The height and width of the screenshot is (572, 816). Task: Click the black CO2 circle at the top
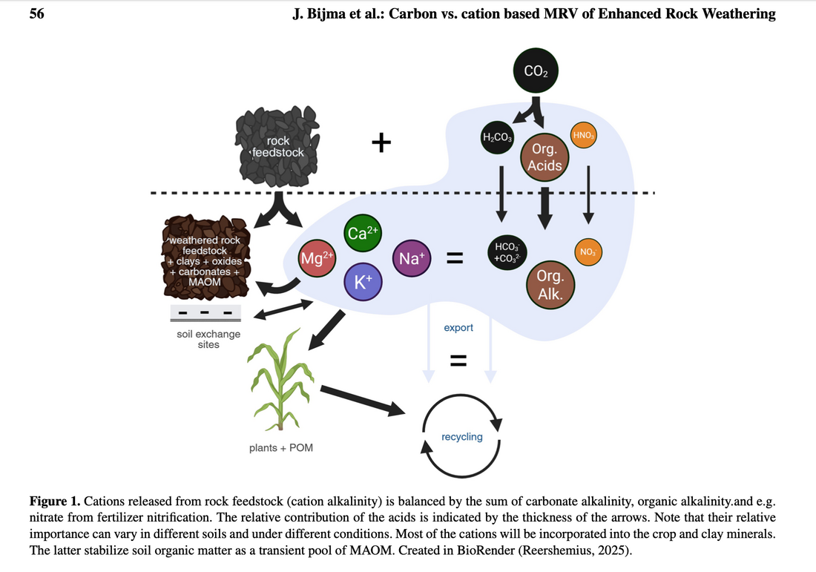click(x=535, y=72)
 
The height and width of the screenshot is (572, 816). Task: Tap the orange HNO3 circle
click(x=584, y=135)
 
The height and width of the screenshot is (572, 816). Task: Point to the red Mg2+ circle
click(x=317, y=257)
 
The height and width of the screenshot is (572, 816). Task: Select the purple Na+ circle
click(x=412, y=258)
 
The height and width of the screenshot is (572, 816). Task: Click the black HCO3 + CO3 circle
click(x=507, y=252)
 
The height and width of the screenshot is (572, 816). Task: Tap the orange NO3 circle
click(x=588, y=252)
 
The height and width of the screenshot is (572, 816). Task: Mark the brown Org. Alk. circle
click(x=550, y=283)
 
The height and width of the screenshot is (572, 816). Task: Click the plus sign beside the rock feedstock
click(x=381, y=142)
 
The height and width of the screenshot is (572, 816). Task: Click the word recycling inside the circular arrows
click(x=461, y=437)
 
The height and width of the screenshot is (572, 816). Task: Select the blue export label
click(x=458, y=327)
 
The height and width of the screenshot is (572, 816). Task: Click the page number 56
click(x=36, y=13)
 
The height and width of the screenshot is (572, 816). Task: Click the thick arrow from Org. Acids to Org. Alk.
click(x=545, y=208)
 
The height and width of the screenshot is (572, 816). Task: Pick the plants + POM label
click(x=281, y=448)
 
